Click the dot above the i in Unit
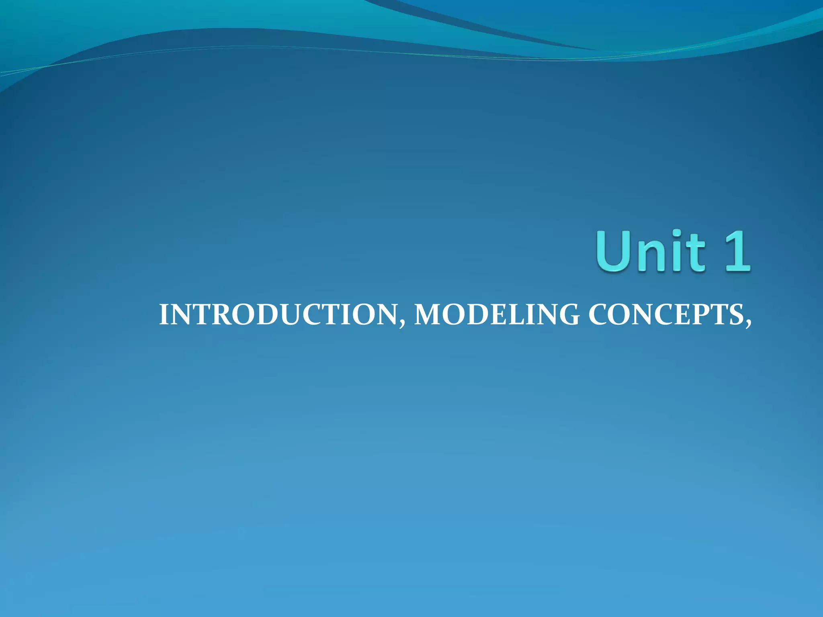[x=678, y=234]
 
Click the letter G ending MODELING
[x=568, y=315]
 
